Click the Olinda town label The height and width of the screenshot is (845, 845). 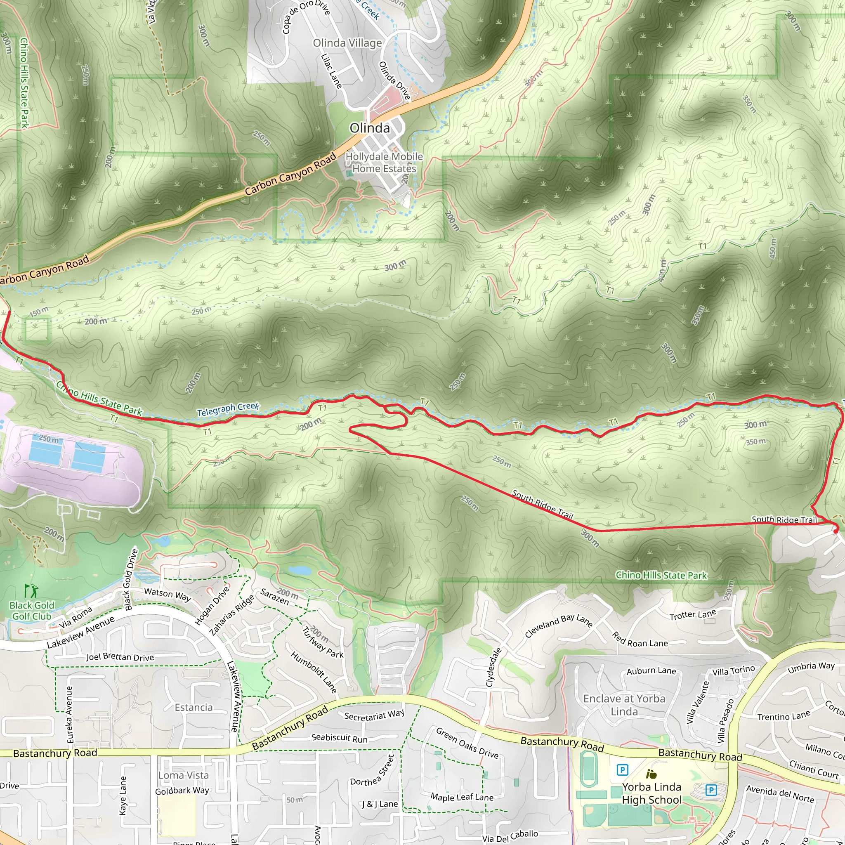pyautogui.click(x=370, y=128)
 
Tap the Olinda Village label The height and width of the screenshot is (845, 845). pyautogui.click(x=347, y=43)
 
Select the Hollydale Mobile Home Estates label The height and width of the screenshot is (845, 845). pyautogui.click(x=384, y=162)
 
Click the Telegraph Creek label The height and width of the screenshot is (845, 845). pyautogui.click(x=228, y=409)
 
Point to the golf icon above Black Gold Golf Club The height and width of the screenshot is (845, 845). pyautogui.click(x=31, y=591)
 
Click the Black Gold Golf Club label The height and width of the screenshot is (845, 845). pyautogui.click(x=32, y=611)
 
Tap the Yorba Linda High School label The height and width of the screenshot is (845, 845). pyautogui.click(x=651, y=793)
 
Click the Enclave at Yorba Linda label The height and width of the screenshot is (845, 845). pyautogui.click(x=624, y=705)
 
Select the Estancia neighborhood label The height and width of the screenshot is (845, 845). pyautogui.click(x=194, y=707)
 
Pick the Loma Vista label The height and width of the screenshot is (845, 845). pyautogui.click(x=183, y=775)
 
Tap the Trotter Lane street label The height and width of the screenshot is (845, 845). pyautogui.click(x=693, y=614)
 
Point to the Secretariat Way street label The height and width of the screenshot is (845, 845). pyautogui.click(x=374, y=715)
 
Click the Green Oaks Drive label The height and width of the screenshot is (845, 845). pyautogui.click(x=467, y=743)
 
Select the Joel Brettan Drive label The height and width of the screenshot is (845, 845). pyautogui.click(x=120, y=657)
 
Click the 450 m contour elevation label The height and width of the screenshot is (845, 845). pyautogui.click(x=773, y=248)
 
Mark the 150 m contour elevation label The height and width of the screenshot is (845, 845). pyautogui.click(x=39, y=312)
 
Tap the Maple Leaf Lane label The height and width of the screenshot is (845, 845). pyautogui.click(x=462, y=796)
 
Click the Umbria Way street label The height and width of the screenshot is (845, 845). pyautogui.click(x=811, y=668)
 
